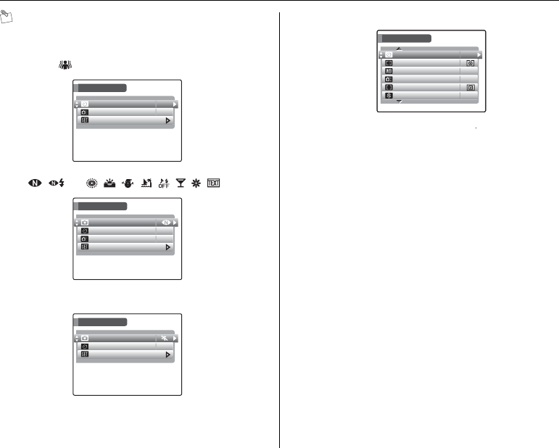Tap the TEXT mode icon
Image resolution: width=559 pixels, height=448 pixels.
pos(214,183)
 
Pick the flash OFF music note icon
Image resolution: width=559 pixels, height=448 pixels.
pos(165,183)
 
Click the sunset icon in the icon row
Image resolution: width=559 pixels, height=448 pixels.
pos(111,183)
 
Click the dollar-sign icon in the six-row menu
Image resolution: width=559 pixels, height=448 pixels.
pos(389,96)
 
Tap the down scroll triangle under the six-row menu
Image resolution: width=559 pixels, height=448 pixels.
pos(399,102)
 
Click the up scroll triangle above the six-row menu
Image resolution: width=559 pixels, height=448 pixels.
pos(397,49)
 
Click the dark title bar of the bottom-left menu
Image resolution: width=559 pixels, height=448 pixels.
pos(103,322)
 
